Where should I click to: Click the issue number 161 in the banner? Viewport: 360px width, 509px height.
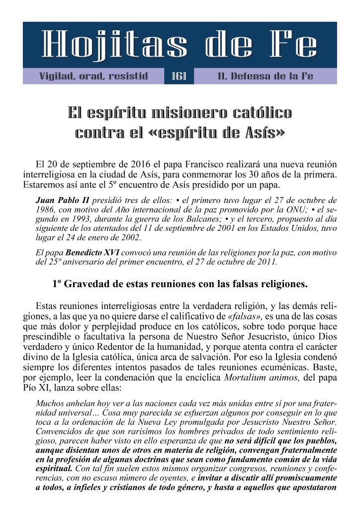pyautogui.click(x=179, y=77)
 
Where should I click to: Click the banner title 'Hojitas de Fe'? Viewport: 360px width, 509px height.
pyautogui.click(x=180, y=46)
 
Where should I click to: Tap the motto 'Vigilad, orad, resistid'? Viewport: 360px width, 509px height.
pyautogui.click(x=93, y=77)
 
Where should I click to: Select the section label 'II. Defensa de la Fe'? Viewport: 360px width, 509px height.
pyautogui.click(x=265, y=77)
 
